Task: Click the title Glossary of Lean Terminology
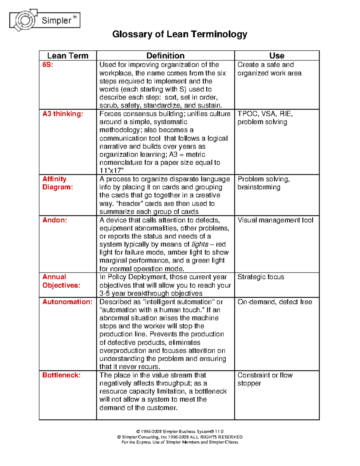click(x=179, y=34)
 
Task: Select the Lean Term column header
click(x=68, y=56)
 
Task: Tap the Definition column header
click(x=165, y=56)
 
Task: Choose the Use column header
click(x=277, y=56)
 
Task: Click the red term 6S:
click(x=48, y=65)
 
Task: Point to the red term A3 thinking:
click(x=63, y=114)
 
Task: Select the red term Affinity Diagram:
click(x=57, y=183)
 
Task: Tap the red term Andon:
click(x=55, y=220)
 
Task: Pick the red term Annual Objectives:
click(x=61, y=281)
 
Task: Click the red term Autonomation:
click(x=67, y=302)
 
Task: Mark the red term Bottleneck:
click(x=61, y=375)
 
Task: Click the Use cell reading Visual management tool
click(x=275, y=220)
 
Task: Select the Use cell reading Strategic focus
click(x=261, y=277)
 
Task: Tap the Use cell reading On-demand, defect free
click(x=274, y=302)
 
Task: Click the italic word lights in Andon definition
click(x=200, y=244)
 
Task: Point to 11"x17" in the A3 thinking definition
click(x=112, y=171)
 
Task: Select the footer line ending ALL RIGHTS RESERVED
click(x=180, y=437)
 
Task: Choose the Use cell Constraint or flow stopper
click(x=265, y=379)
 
